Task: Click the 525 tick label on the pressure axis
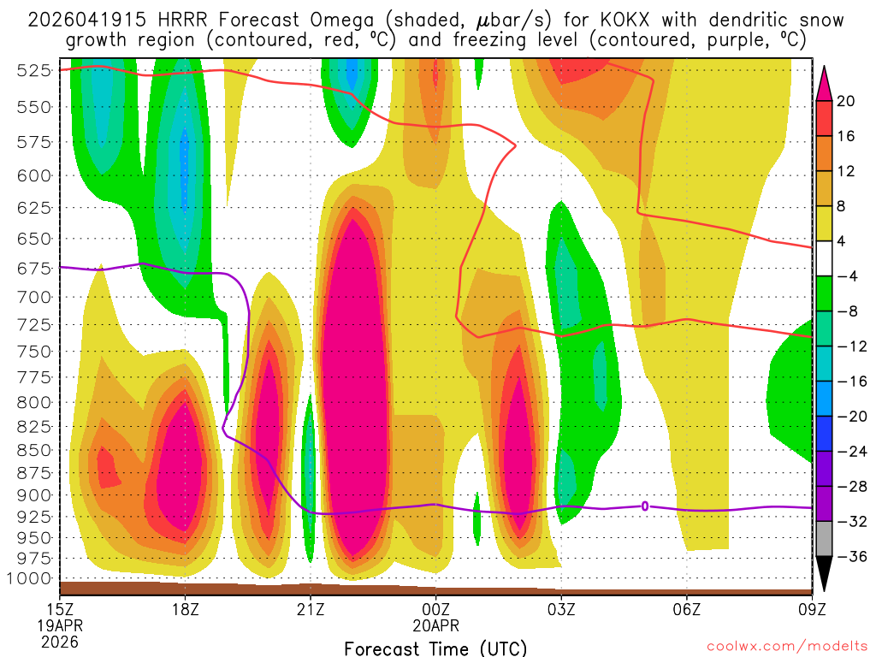(x=33, y=71)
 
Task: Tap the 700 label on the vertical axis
(x=33, y=297)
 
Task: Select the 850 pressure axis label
(x=33, y=450)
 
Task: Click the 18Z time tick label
(x=186, y=611)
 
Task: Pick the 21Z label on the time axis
(x=311, y=611)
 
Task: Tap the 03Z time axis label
(x=561, y=611)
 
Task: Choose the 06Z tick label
(x=687, y=611)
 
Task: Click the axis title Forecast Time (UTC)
(x=435, y=648)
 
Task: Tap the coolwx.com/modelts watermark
(x=786, y=646)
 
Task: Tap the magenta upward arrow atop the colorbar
(x=825, y=82)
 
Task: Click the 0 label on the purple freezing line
(x=644, y=506)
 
